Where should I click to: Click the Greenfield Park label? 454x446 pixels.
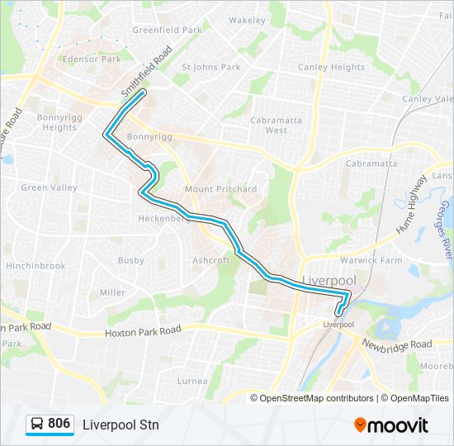(168, 31)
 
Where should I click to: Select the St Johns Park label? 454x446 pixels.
(210, 68)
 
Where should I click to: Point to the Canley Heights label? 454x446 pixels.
(331, 68)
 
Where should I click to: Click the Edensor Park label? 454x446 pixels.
(92, 59)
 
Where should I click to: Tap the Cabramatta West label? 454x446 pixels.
(276, 125)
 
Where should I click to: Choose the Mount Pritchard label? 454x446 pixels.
(220, 189)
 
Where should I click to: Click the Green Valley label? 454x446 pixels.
(49, 188)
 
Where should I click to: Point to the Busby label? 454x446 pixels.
(130, 260)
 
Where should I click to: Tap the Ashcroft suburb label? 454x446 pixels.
(210, 260)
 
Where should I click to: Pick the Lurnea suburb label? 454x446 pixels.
(192, 381)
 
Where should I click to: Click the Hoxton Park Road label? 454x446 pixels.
(142, 331)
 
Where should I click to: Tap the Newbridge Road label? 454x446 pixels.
(396, 344)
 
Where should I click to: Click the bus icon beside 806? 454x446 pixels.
(37, 425)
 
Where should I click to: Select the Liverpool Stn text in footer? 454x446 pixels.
(121, 425)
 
